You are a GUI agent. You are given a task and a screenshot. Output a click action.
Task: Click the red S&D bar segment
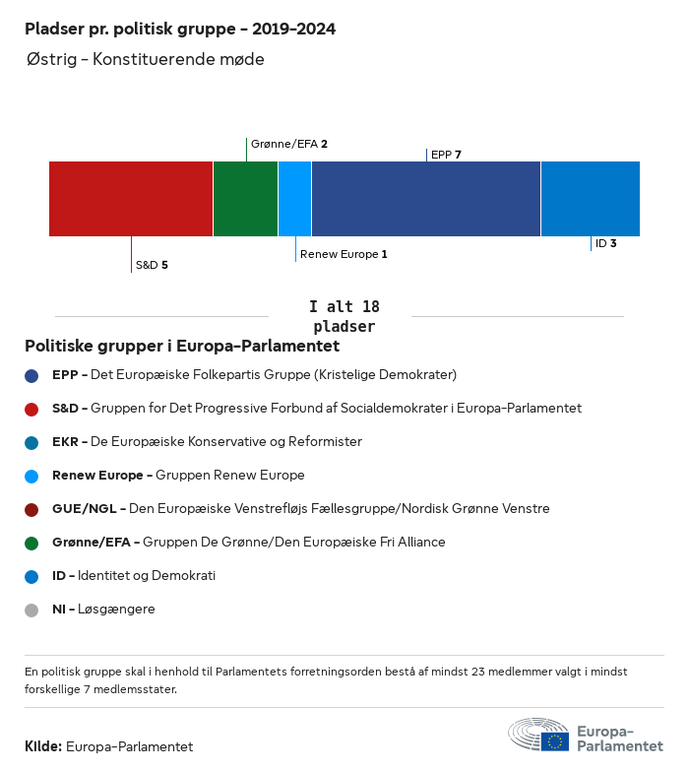[x=131, y=199]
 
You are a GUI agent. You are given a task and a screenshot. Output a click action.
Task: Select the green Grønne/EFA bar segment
[x=245, y=199]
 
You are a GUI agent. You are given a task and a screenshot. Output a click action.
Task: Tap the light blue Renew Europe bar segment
[x=294, y=199]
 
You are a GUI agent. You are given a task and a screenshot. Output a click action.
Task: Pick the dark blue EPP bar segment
[x=425, y=199]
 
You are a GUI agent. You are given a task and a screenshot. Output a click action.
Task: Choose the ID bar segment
[x=590, y=199]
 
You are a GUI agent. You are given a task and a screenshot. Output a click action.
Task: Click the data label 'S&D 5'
[x=152, y=265]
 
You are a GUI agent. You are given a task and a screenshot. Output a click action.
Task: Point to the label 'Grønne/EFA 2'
[x=288, y=144]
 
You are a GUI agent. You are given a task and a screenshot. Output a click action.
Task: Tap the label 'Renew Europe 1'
[x=344, y=254]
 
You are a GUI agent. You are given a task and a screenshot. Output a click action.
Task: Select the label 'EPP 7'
[x=446, y=155]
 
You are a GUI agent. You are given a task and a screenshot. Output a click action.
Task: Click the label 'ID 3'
[x=605, y=243]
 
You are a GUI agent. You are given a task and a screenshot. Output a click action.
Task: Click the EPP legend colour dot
[x=31, y=375]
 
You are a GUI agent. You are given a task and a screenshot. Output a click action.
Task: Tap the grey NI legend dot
[x=31, y=610]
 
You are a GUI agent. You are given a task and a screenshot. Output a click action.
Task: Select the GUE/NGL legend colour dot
[x=31, y=509]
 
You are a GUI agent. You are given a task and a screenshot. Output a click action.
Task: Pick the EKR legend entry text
[x=207, y=442]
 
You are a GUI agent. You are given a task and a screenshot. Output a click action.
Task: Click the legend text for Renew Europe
[x=178, y=476]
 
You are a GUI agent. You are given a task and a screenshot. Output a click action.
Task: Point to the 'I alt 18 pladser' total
[x=344, y=316]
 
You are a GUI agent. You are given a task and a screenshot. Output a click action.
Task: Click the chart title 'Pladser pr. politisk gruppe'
[x=180, y=30]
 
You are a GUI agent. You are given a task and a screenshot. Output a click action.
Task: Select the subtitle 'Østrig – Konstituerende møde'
[x=146, y=60]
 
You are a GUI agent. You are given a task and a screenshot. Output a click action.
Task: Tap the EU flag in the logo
[x=554, y=741]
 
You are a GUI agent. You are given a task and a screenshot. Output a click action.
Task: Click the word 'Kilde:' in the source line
[x=43, y=746]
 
